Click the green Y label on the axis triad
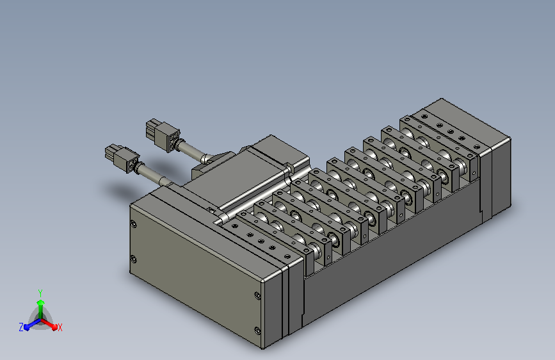[x=40, y=293]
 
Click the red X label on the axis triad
[x=60, y=327]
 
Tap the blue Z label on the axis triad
[x=21, y=327]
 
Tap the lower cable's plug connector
[x=122, y=158]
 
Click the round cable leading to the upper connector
[x=191, y=151]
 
